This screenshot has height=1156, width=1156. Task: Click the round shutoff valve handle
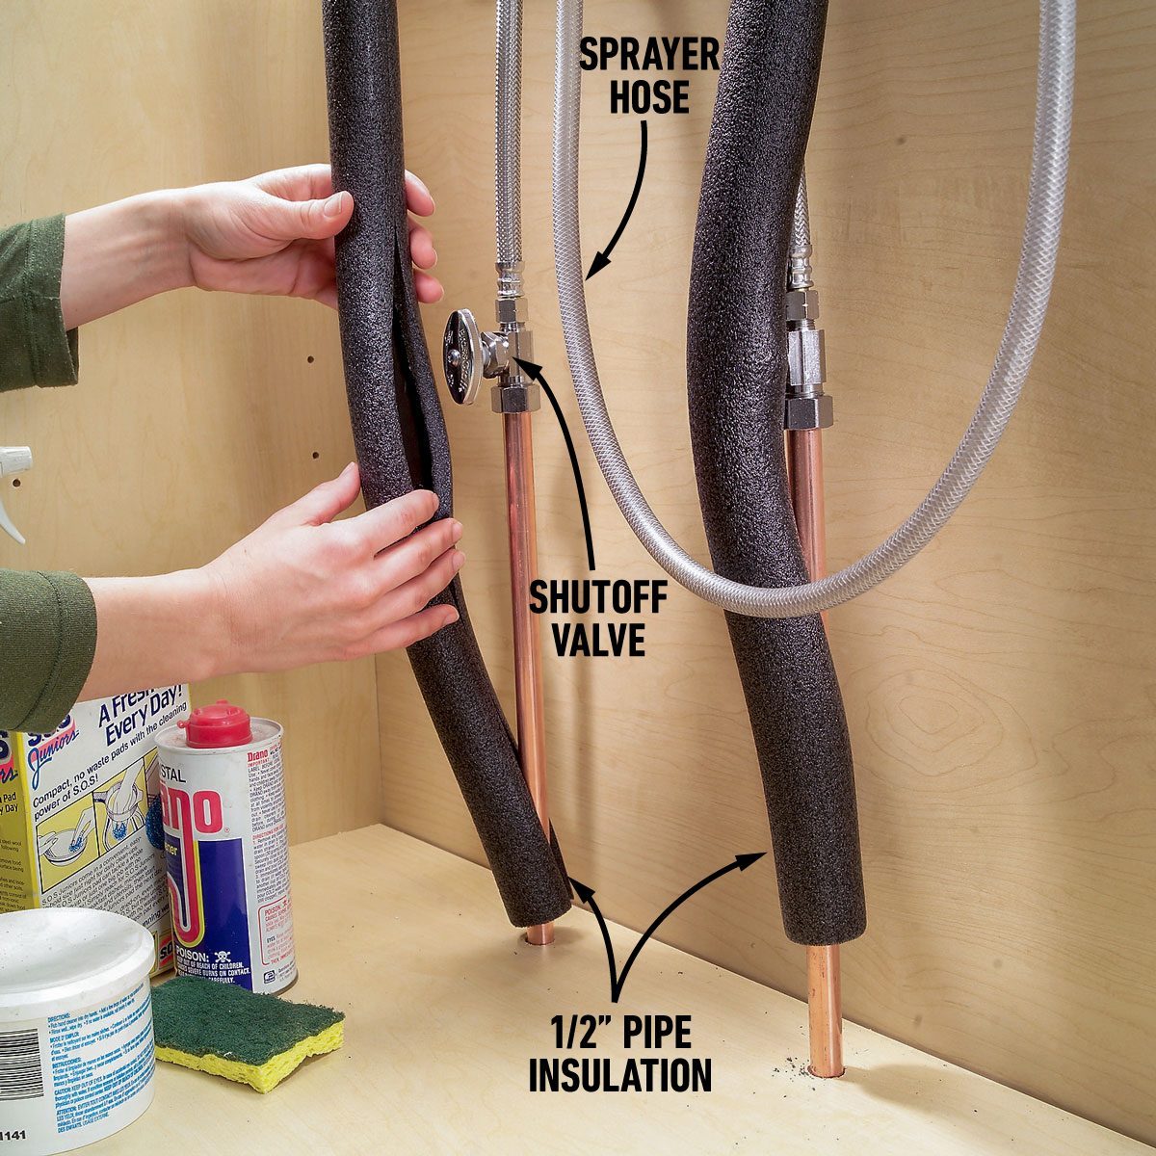[x=464, y=355]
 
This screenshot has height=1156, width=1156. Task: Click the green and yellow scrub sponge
[x=247, y=1032]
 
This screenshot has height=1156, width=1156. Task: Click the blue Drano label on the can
[x=207, y=848]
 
